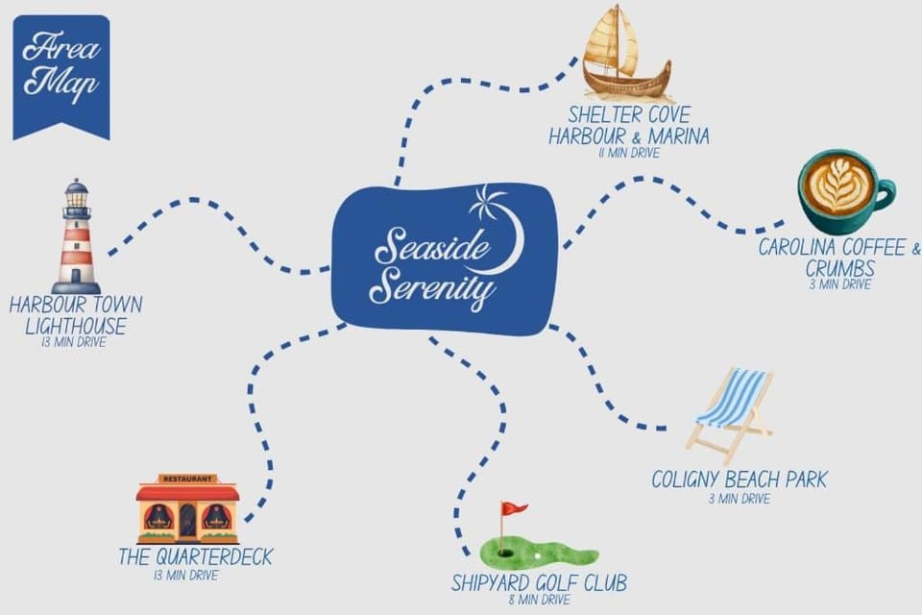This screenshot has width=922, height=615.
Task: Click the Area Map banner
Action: [61, 77]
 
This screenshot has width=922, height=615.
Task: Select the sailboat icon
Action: [624, 54]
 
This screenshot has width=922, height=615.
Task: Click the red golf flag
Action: [513, 508]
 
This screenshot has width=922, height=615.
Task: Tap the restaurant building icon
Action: [187, 508]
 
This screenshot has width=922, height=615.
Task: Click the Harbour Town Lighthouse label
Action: [76, 315]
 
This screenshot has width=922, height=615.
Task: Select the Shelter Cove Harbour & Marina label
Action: [629, 125]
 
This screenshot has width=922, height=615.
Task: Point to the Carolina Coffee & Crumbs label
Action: [839, 258]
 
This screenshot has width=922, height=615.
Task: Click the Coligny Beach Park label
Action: [740, 480]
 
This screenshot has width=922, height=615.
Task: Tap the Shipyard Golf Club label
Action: [539, 582]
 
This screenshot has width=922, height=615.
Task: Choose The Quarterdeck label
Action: [196, 556]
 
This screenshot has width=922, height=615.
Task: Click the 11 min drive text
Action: [629, 153]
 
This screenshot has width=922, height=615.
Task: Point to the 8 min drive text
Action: [539, 600]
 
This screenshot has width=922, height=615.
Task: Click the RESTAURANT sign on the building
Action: [187, 480]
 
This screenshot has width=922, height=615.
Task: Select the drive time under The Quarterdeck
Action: [185, 575]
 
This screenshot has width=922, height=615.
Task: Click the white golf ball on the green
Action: [537, 556]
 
